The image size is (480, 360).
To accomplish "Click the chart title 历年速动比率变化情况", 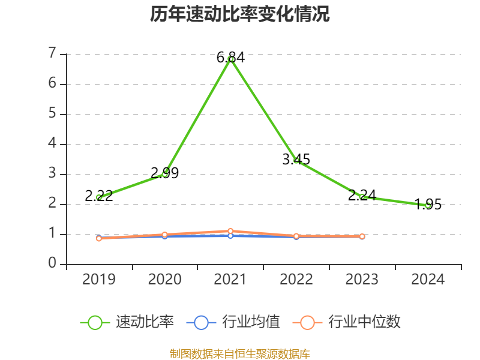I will pyautogui.click(x=240, y=14).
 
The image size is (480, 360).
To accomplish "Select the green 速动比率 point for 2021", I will pyautogui.click(x=230, y=59).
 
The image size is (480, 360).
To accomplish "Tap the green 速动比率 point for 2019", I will pyautogui.click(x=99, y=197).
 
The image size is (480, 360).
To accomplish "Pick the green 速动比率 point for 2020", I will pyautogui.click(x=165, y=173).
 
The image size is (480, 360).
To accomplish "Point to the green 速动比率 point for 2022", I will pyautogui.click(x=296, y=161).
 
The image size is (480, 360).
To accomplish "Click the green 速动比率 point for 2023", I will pyautogui.click(x=362, y=197).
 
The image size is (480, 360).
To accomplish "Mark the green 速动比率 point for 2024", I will pyautogui.click(x=428, y=205).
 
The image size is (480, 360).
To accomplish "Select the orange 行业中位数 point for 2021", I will pyautogui.click(x=230, y=231).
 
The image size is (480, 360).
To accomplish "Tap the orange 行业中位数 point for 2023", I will pyautogui.click(x=362, y=236).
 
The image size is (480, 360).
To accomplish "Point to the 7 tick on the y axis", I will pyautogui.click(x=53, y=54).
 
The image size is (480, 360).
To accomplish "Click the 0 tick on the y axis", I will pyautogui.click(x=53, y=264).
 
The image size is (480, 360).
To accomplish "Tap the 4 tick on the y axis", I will pyautogui.click(x=53, y=144).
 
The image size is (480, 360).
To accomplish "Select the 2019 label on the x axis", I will pyautogui.click(x=99, y=279).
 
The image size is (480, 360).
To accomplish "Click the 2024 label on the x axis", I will pyautogui.click(x=428, y=279).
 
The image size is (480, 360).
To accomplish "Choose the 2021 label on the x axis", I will pyautogui.click(x=230, y=279).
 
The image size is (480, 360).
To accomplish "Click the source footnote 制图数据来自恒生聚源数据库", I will pyautogui.click(x=240, y=353).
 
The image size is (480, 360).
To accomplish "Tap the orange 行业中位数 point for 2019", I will pyautogui.click(x=99, y=238).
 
